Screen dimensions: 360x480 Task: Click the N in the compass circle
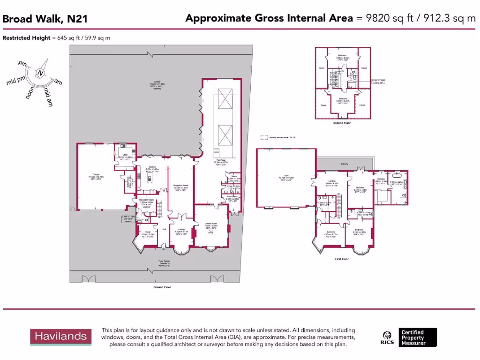[41, 73]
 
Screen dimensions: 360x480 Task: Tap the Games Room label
[210, 224]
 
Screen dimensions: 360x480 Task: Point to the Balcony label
[345, 164]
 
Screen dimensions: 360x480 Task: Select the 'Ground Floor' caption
[162, 287]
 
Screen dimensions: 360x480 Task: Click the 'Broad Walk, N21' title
[45, 19]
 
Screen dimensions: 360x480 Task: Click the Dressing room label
[380, 179]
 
